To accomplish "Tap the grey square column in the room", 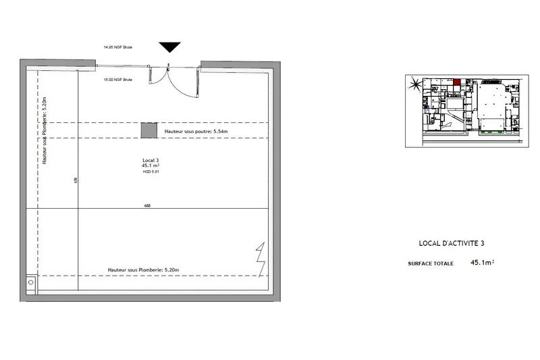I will pos(148,130).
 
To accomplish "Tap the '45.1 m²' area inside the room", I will pos(150,166).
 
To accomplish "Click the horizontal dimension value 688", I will pos(147,205).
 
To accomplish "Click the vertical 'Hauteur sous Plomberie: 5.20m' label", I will pos(45,130).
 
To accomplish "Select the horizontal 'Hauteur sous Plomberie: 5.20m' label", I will pos(143,270).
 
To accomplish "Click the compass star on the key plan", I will pos(415,85).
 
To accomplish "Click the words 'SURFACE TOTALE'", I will pos(431,263).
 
